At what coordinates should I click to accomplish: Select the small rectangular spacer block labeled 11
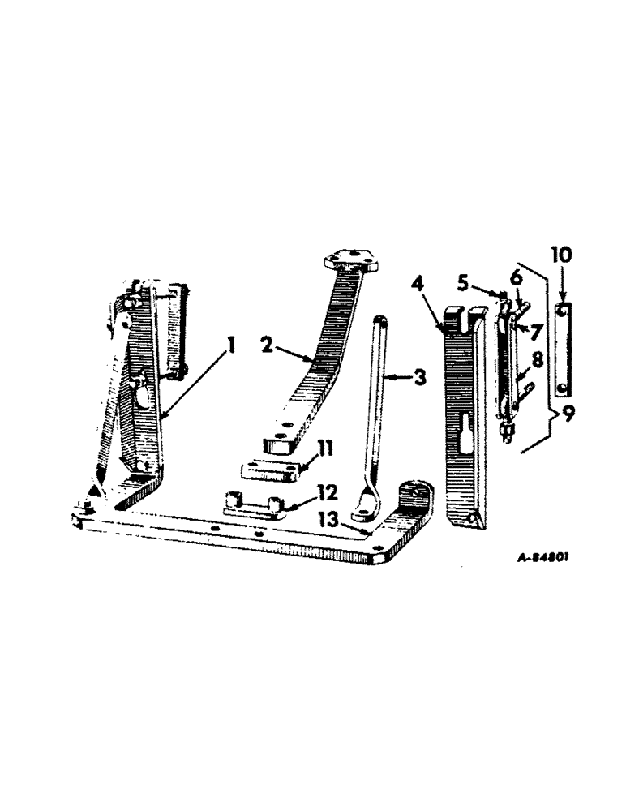tap(271, 470)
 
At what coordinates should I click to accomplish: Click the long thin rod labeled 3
tap(379, 405)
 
